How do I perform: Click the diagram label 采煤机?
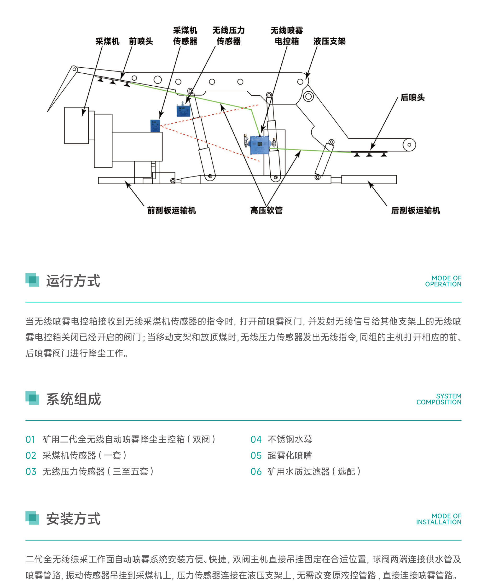pyautogui.click(x=107, y=41)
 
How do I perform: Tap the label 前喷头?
pyautogui.click(x=141, y=41)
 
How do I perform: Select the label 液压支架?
pyautogui.click(x=329, y=41)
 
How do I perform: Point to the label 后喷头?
pyautogui.click(x=412, y=97)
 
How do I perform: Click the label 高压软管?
pyautogui.click(x=267, y=210)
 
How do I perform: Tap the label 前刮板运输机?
pyautogui.click(x=172, y=210)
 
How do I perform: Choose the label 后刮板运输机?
pyautogui.click(x=415, y=210)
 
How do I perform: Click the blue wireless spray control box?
pyautogui.click(x=260, y=145)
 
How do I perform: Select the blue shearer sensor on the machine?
pyautogui.click(x=155, y=126)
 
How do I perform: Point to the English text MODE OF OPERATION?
pyautogui.click(x=443, y=281)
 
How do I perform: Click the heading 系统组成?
pyautogui.click(x=74, y=399)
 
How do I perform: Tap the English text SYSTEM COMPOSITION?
pyautogui.click(x=439, y=399)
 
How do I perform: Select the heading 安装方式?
pyautogui.click(x=73, y=518)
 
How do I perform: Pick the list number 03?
pyautogui.click(x=31, y=471)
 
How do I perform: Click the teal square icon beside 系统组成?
pyautogui.click(x=32, y=398)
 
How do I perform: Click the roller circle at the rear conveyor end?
pyautogui.click(x=409, y=145)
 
